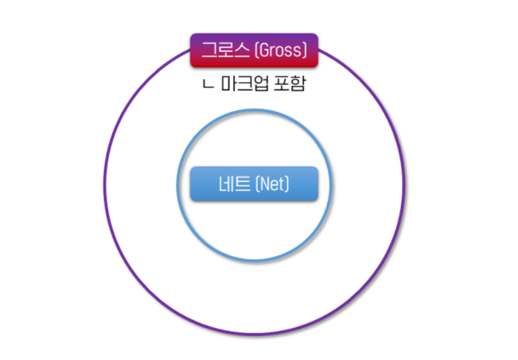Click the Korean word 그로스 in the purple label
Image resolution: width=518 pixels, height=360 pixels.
coord(226,51)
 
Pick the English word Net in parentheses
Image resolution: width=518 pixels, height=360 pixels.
coord(272,184)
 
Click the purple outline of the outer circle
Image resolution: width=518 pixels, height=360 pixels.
coord(104,186)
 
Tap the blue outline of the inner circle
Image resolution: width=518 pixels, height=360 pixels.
coord(177,186)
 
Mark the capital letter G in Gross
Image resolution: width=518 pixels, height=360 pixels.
coord(265,51)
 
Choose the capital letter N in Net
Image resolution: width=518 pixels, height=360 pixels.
coord(263,184)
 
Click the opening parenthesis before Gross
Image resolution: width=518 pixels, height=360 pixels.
coord(257,51)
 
